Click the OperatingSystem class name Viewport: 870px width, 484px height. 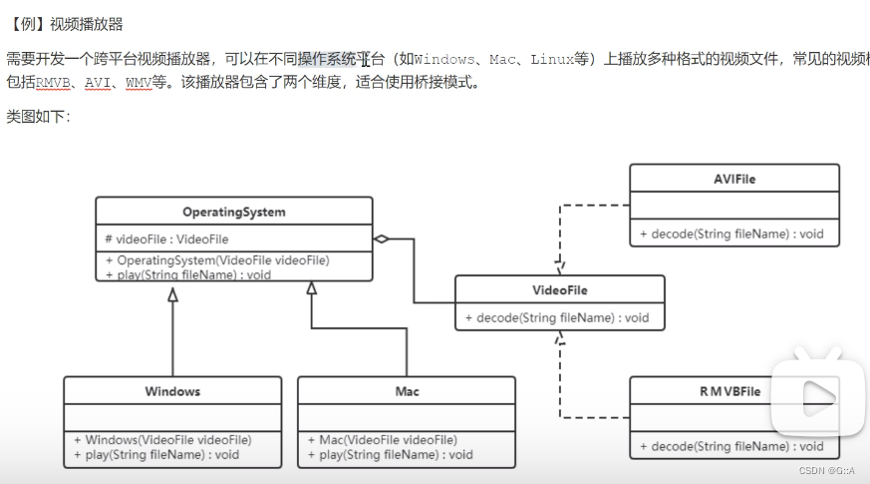(233, 212)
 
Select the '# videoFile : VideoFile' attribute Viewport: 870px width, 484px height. (166, 240)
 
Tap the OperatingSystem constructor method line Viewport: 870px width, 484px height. (217, 260)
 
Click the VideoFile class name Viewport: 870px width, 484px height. (559, 290)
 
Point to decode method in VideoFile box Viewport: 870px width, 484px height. (556, 318)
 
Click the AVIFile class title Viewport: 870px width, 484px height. (734, 179)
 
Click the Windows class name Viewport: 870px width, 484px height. (172, 391)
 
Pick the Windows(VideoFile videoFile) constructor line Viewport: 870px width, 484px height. (162, 440)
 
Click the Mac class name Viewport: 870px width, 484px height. (407, 391)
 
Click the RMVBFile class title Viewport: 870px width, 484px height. (729, 391)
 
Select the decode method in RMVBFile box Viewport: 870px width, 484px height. (731, 446)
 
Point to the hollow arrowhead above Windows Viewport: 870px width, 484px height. (172, 293)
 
